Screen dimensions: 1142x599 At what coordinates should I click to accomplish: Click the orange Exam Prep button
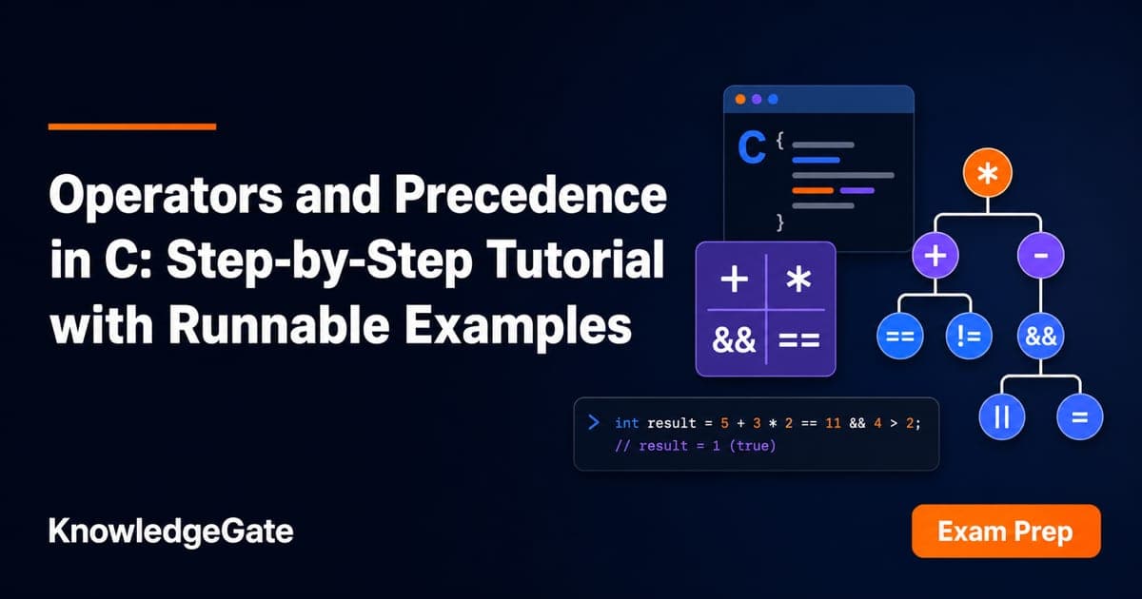[x=1006, y=531]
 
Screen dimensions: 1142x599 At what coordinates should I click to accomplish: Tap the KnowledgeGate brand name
[x=170, y=531]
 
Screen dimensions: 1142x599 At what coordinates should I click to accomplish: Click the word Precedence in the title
[x=530, y=195]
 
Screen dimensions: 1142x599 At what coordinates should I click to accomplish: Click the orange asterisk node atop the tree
[x=988, y=173]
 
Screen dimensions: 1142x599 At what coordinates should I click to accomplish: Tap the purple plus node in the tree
[x=935, y=255]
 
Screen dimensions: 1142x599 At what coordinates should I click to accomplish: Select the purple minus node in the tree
[x=1040, y=255]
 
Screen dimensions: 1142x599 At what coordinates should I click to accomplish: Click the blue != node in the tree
[x=969, y=336]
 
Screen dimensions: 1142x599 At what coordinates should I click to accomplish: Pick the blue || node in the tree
[x=1002, y=416]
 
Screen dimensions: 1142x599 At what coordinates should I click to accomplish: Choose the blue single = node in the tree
[x=1080, y=416]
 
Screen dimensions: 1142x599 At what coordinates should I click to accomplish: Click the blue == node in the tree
[x=900, y=336]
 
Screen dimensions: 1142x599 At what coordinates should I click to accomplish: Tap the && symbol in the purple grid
[x=734, y=339]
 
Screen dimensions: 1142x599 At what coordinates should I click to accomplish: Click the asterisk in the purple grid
[x=798, y=280]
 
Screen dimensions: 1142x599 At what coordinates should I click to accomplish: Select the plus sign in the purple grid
[x=734, y=280]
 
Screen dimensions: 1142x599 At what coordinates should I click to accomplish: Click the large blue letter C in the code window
[x=752, y=147]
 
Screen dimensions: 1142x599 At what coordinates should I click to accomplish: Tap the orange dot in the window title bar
[x=740, y=99]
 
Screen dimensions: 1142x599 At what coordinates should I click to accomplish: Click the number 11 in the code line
[x=833, y=423]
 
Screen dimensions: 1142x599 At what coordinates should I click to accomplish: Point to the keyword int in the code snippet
[x=626, y=423]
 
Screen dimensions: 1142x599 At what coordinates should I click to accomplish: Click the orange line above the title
[x=132, y=126]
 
